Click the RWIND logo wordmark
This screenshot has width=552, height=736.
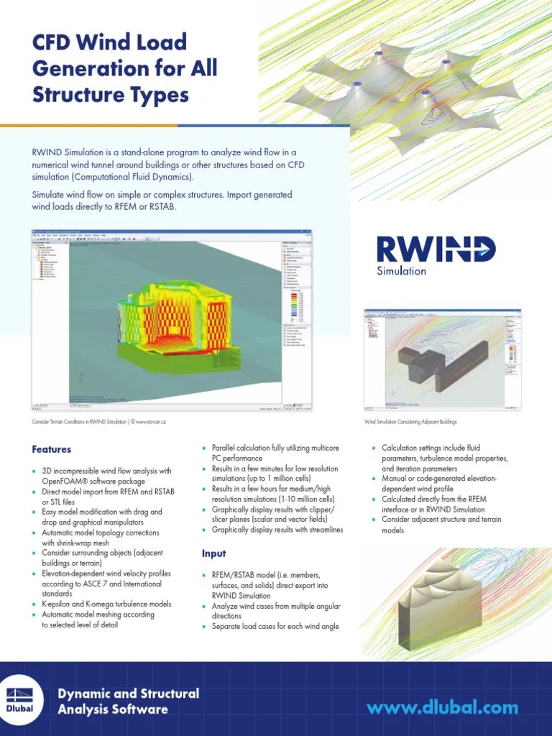coord(436,249)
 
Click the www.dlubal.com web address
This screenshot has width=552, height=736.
coord(442,708)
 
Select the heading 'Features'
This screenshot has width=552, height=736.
coord(51,449)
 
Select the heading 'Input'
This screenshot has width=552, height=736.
coord(213,553)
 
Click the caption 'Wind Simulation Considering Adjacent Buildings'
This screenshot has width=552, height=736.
coord(410,422)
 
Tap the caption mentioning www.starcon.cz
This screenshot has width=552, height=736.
coord(103,422)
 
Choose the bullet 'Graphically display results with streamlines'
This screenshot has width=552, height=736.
coord(277,530)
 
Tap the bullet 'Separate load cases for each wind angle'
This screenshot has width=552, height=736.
coord(275,627)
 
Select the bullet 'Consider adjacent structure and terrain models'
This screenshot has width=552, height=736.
coord(441,525)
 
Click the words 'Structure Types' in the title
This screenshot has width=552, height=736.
coord(111,95)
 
